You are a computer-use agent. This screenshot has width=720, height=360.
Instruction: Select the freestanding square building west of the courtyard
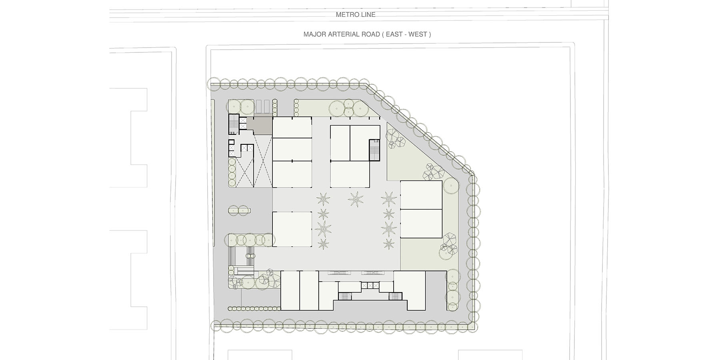(x=292, y=229)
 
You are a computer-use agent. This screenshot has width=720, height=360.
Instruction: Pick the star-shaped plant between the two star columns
(x=354, y=199)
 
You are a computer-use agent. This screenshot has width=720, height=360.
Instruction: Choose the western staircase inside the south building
(x=344, y=296)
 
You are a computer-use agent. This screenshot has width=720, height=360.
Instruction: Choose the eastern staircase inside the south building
(x=395, y=296)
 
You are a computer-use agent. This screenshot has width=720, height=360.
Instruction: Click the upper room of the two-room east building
(x=421, y=195)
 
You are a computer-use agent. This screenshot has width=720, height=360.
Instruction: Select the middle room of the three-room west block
(x=292, y=150)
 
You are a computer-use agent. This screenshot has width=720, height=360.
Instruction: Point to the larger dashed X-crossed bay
(x=263, y=160)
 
